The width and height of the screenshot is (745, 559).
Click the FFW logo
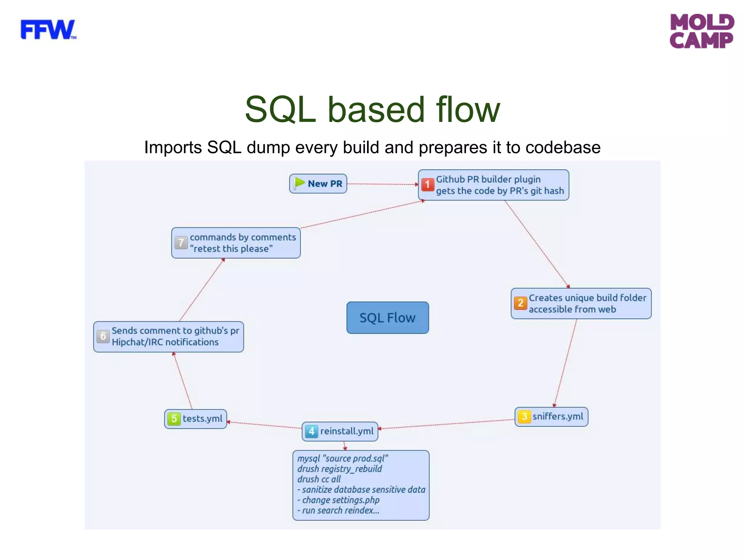click(48, 30)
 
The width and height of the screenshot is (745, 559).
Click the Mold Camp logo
click(701, 31)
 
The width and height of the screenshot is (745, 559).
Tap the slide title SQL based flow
click(372, 110)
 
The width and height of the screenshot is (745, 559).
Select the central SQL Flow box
click(387, 318)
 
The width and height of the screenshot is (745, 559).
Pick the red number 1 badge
click(427, 185)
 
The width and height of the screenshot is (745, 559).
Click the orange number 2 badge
click(520, 303)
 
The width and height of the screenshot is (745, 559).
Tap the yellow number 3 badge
click(524, 416)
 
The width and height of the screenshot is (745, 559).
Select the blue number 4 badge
click(311, 431)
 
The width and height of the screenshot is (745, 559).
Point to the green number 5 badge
click(174, 419)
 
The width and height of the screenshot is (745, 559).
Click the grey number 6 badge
click(103, 336)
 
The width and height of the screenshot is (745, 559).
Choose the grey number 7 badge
click(181, 242)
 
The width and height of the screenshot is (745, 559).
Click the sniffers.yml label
click(558, 416)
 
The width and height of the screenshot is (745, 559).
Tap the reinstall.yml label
click(347, 431)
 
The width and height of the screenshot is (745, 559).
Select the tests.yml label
click(202, 419)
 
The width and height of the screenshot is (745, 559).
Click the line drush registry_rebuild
click(339, 469)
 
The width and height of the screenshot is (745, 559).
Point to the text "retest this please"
click(231, 249)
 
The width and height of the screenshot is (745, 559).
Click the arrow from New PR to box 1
click(382, 184)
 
